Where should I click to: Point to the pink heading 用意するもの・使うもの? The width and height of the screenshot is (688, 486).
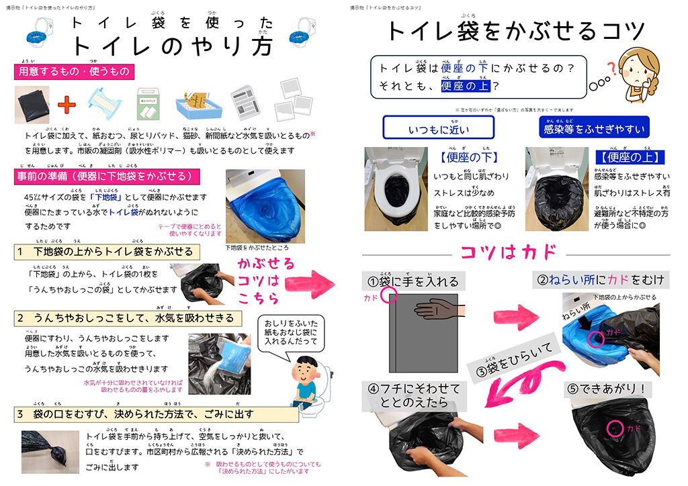(74, 71)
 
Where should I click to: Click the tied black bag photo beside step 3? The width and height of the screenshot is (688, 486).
(48, 446)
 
